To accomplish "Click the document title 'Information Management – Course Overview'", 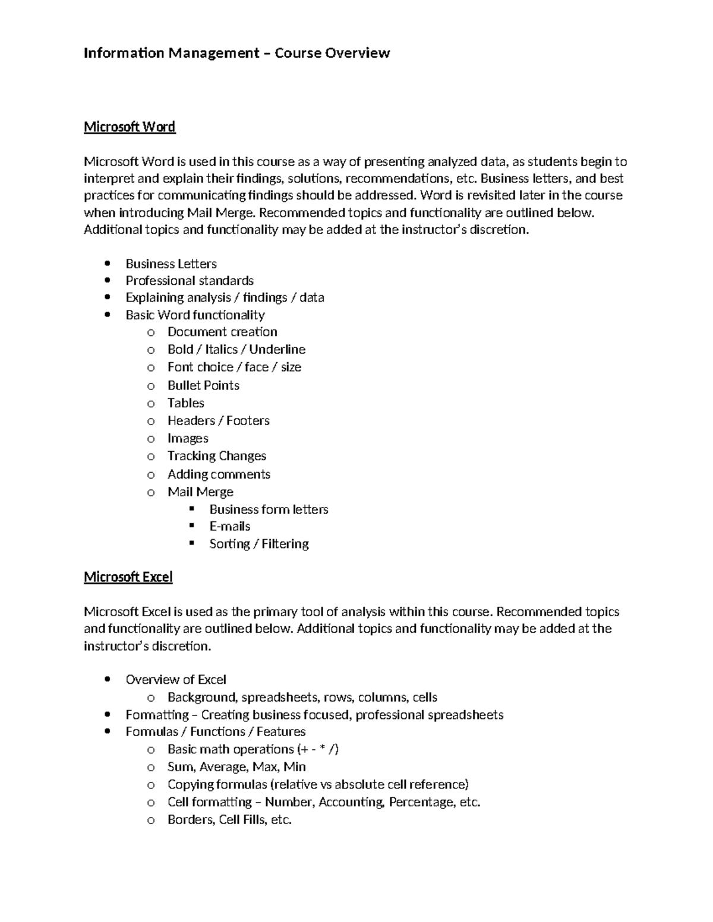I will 236,53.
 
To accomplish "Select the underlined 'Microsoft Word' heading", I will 130,127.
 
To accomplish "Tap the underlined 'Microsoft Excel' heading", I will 128,577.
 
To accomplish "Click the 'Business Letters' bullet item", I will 171,264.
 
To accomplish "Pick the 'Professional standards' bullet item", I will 190,281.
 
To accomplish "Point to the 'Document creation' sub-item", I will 222,332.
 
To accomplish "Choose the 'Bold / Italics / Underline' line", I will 236,350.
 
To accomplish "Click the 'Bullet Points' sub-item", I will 203,385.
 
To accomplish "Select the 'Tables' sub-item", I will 185,403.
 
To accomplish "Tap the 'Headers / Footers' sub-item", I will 218,421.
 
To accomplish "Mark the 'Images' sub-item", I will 188,439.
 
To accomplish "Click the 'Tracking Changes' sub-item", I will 216,456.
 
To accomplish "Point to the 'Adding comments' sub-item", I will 219,474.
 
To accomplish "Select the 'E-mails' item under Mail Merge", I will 229,527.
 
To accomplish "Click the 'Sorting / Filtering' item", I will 258,544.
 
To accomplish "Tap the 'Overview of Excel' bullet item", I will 176,680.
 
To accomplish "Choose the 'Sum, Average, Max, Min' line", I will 236,767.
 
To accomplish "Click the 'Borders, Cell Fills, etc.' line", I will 229,820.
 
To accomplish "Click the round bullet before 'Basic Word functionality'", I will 108,315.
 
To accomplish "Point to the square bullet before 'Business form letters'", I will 191,509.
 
